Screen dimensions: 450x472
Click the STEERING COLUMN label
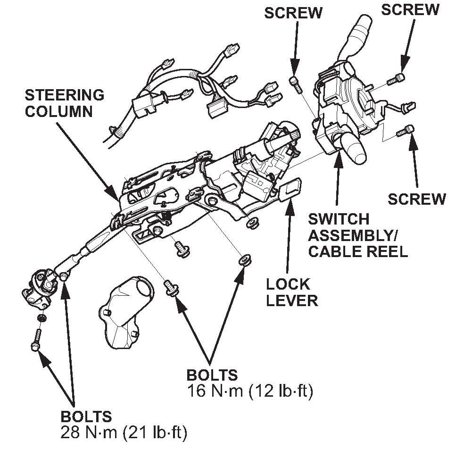coord(64,102)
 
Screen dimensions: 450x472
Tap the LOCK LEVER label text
coord(291,292)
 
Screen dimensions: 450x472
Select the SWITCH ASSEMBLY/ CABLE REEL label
coord(357,234)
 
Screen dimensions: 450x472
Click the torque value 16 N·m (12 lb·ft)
coord(250,391)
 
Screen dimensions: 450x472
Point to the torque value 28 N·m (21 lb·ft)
coord(124,433)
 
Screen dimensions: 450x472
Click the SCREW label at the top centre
coord(293,13)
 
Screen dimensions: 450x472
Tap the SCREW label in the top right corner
coord(410,9)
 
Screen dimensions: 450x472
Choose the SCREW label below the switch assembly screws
coord(416,199)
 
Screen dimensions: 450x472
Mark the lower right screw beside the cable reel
coord(406,131)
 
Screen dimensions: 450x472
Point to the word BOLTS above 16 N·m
coord(212,375)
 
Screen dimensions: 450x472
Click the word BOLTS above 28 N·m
coord(86,417)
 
